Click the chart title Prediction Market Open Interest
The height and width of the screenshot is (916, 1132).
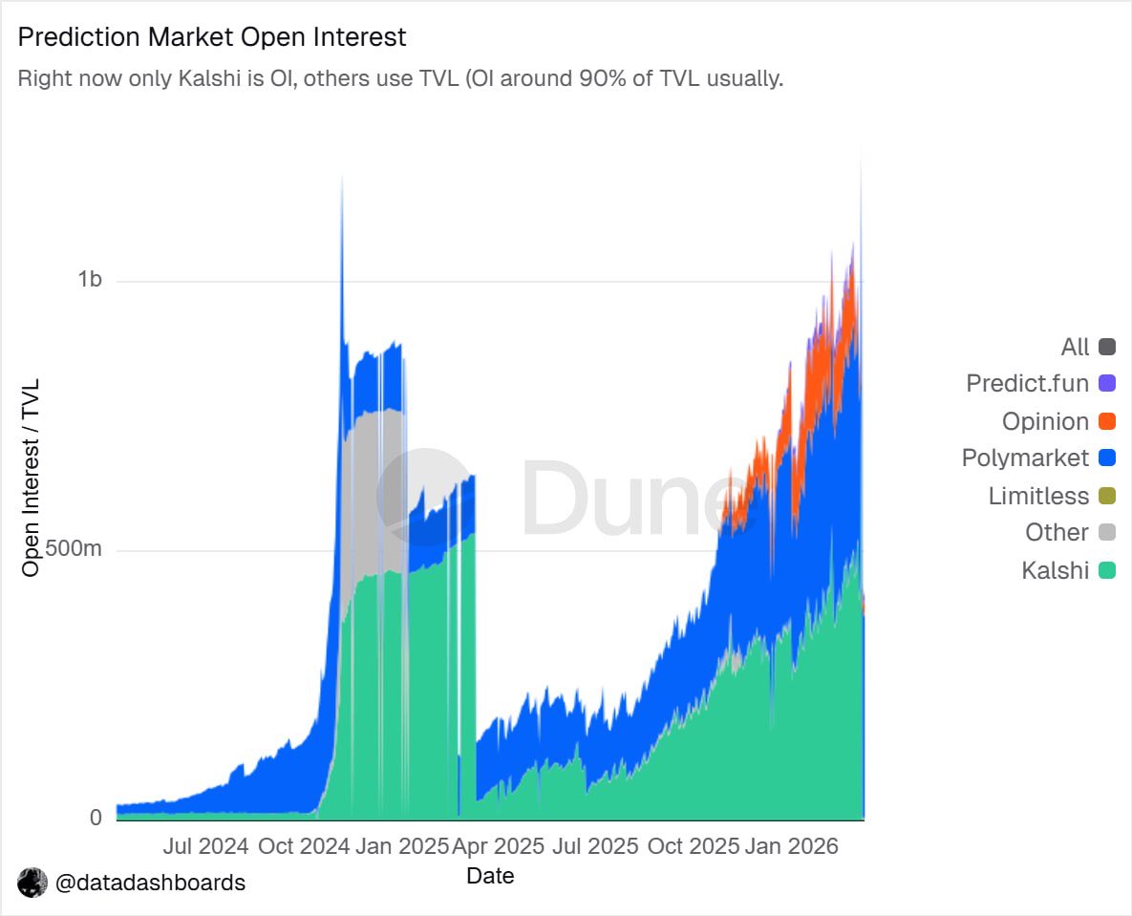coord(212,37)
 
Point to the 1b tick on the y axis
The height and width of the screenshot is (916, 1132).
coord(90,279)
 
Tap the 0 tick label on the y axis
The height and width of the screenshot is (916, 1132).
coord(96,818)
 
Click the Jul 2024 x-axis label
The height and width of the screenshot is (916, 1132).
coord(205,846)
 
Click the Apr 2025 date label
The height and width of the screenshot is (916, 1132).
coord(498,846)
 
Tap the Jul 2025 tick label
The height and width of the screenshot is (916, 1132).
coord(594,846)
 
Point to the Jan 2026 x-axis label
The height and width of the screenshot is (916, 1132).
coord(791,846)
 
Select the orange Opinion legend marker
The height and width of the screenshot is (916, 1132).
coord(1107,421)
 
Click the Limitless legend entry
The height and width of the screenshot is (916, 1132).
coord(1038,496)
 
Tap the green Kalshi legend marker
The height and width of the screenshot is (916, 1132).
coord(1107,570)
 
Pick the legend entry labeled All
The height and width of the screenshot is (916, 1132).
coord(1075,347)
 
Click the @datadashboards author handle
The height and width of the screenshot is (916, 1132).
coord(150,883)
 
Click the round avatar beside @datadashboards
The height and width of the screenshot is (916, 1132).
coord(32,883)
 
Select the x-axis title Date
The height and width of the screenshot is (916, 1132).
coord(490,875)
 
